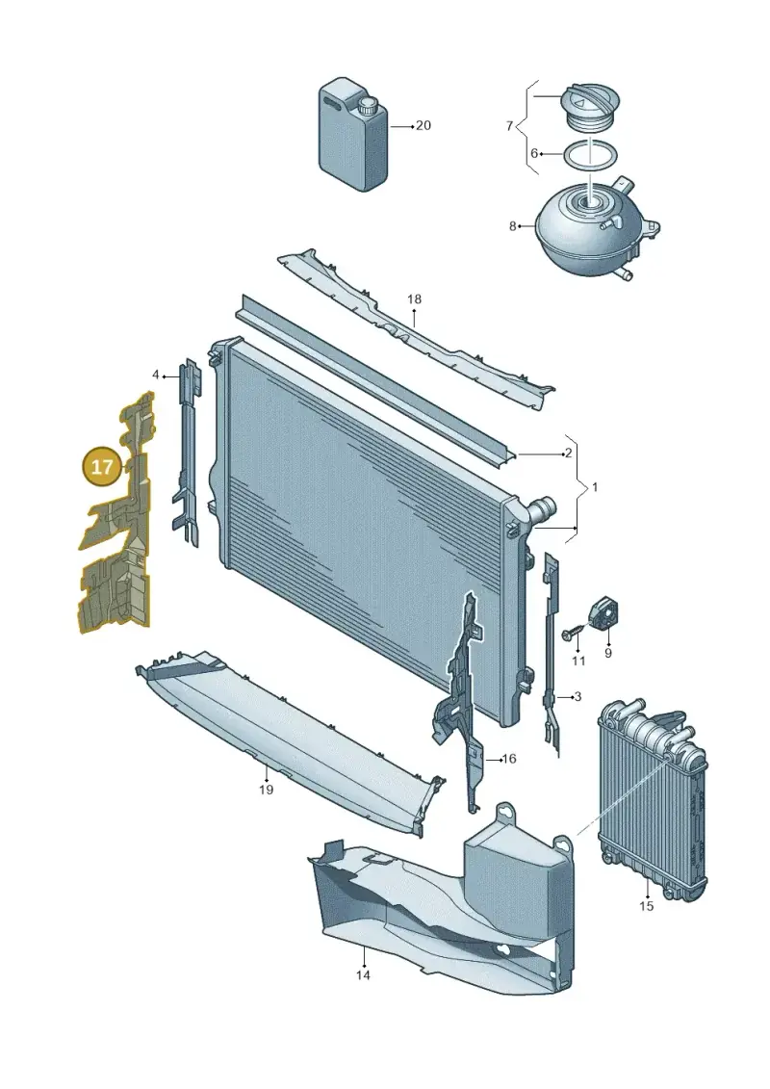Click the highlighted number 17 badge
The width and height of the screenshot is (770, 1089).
tap(101, 466)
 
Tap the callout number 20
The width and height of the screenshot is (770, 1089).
tap(423, 126)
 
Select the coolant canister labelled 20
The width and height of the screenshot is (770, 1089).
tap(352, 135)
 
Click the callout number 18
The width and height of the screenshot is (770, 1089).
tap(415, 299)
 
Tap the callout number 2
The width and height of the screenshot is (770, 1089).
tap(569, 454)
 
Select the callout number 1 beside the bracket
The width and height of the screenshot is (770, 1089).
tap(594, 487)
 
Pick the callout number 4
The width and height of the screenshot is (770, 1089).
tap(156, 376)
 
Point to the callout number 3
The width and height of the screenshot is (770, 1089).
tap(577, 696)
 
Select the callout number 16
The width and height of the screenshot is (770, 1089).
tap(509, 759)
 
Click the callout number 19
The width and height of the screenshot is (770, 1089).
tap(266, 790)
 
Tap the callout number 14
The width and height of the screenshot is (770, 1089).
tap(363, 975)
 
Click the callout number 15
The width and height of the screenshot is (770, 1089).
tap(647, 906)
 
